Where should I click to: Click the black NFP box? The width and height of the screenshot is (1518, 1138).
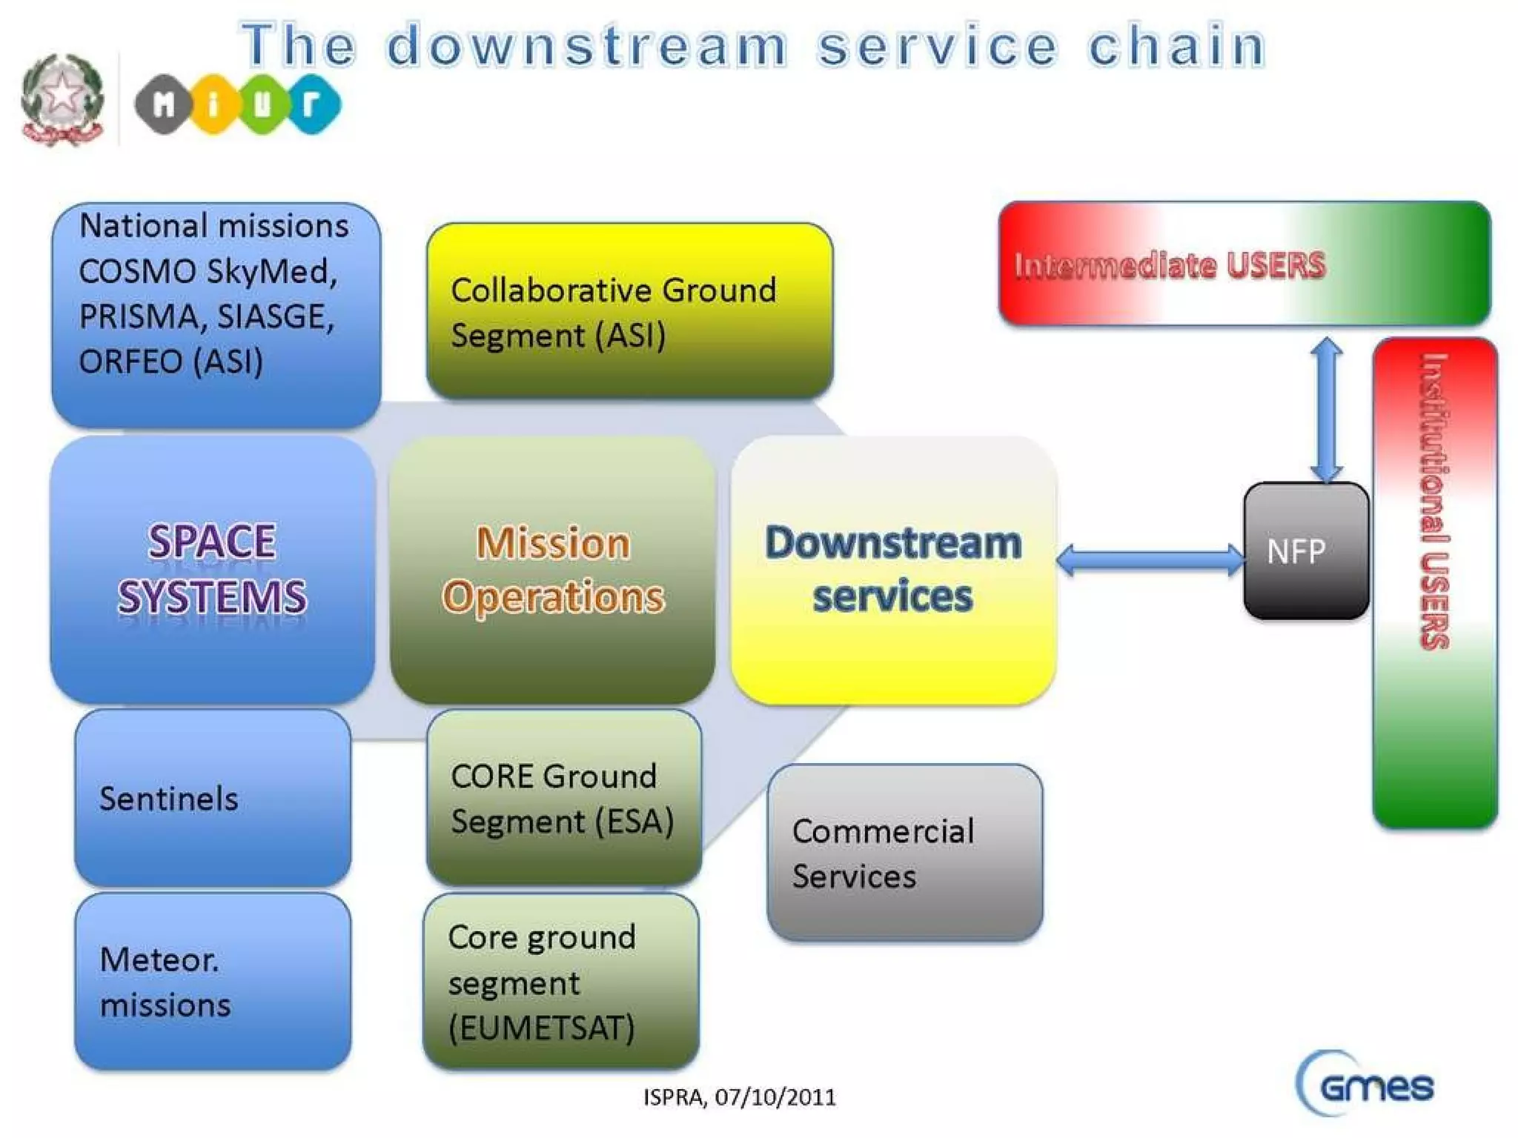pyautogui.click(x=1305, y=551)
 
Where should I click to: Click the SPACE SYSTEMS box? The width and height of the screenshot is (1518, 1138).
pyautogui.click(x=213, y=569)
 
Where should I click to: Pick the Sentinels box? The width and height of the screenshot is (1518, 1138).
pyautogui.click(x=213, y=798)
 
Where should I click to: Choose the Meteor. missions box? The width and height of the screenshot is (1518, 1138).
pyautogui.click(x=213, y=981)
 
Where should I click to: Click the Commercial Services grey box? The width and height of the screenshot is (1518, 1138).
pyautogui.click(x=904, y=853)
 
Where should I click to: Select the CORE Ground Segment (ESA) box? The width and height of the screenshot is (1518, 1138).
pyautogui.click(x=563, y=798)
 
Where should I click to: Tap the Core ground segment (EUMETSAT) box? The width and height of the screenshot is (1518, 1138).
pyautogui.click(x=561, y=981)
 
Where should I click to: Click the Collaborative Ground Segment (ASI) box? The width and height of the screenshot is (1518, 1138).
pyautogui.click(x=629, y=311)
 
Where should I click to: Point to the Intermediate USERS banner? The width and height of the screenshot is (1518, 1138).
pyautogui.click(x=1244, y=264)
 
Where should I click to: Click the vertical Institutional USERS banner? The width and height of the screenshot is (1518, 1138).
pyautogui.click(x=1434, y=582)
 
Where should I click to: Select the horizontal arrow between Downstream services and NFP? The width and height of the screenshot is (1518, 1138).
pyautogui.click(x=1150, y=560)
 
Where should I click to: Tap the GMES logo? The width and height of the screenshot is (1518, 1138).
pyautogui.click(x=1366, y=1085)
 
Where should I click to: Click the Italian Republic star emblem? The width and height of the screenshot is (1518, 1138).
pyautogui.click(x=62, y=99)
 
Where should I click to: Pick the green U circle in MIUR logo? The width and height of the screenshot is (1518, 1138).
pyautogui.click(x=262, y=104)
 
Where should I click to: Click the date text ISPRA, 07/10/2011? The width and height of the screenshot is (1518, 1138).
pyautogui.click(x=739, y=1097)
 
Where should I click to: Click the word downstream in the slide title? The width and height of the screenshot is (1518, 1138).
pyautogui.click(x=586, y=46)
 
